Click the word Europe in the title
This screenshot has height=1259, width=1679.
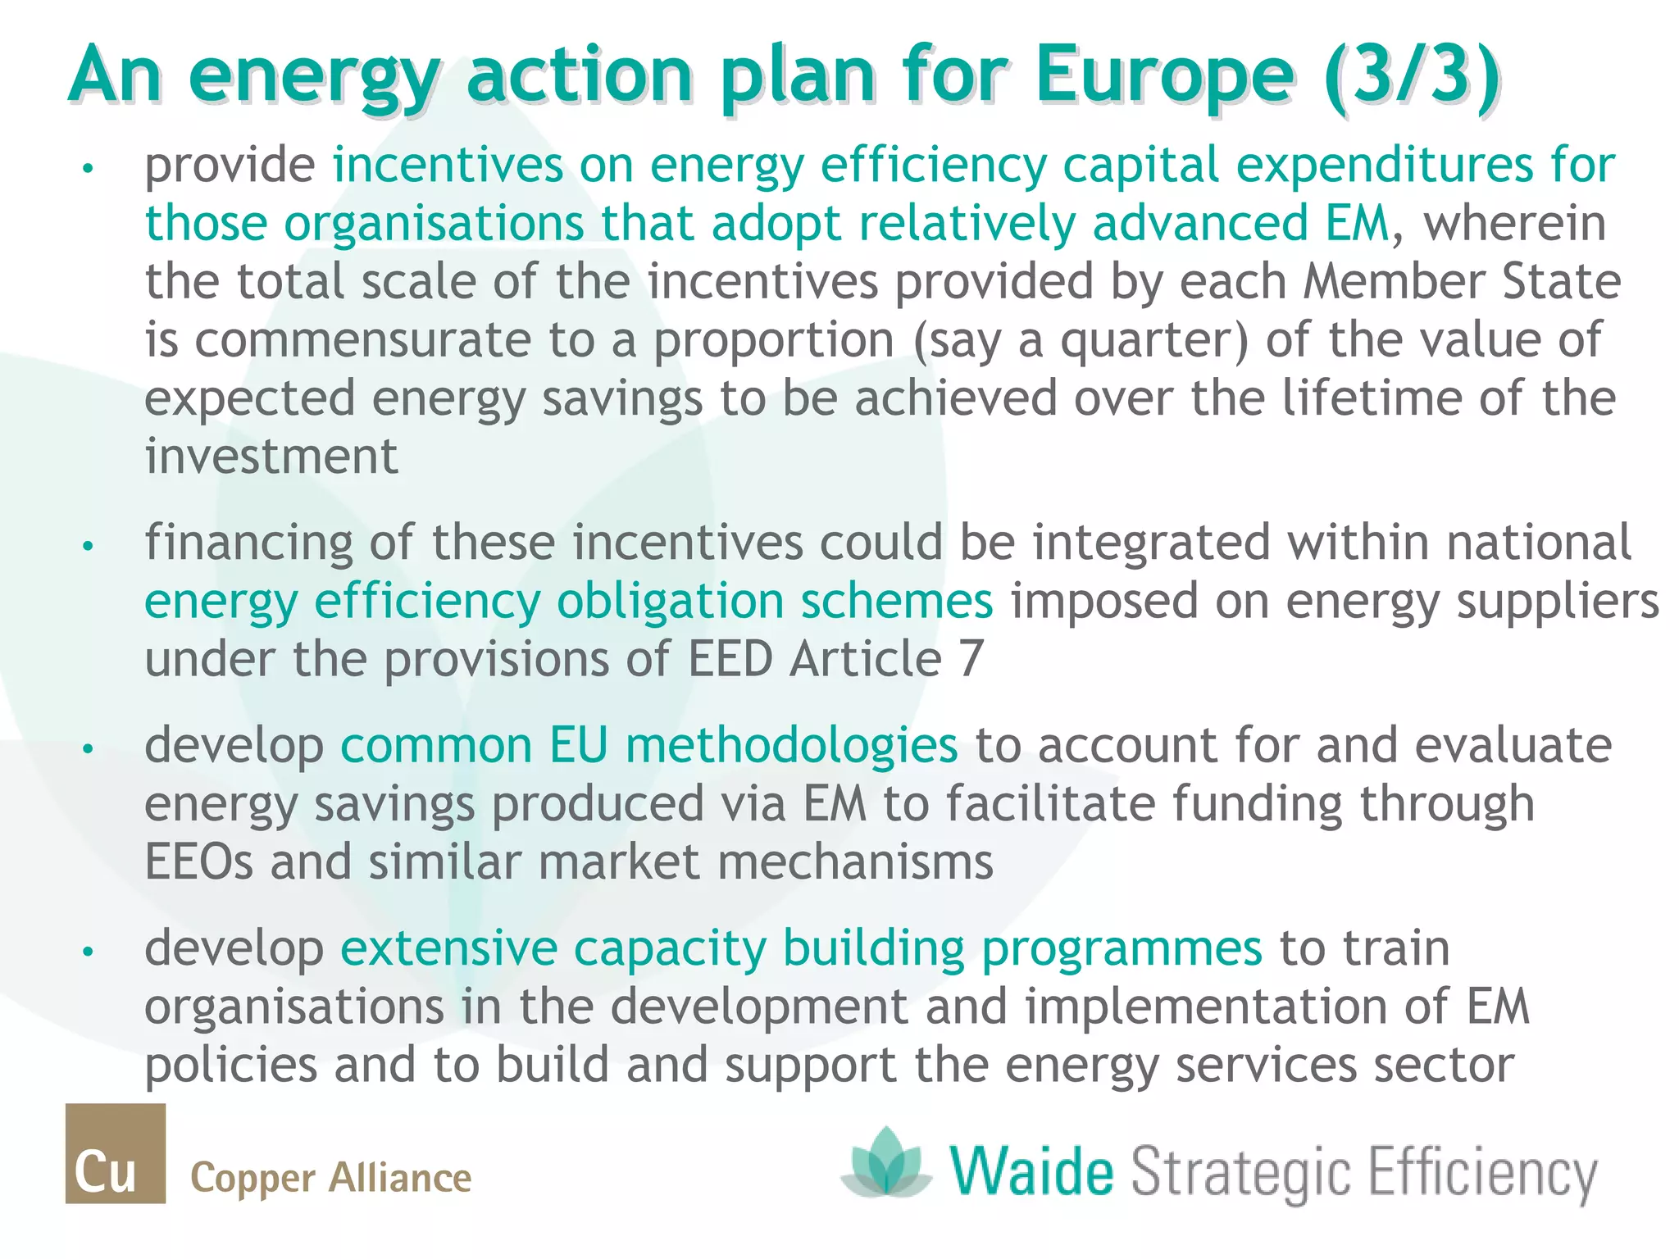pyautogui.click(x=1163, y=75)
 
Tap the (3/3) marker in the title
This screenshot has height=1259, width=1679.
pyautogui.click(x=1412, y=75)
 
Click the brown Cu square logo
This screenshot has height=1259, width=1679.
pyautogui.click(x=116, y=1152)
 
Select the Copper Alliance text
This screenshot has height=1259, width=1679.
pyautogui.click(x=330, y=1178)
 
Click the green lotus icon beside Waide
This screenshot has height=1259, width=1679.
pyautogui.click(x=886, y=1161)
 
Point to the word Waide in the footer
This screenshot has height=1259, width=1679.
pyautogui.click(x=1032, y=1171)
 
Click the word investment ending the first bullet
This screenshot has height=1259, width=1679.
pyautogui.click(x=271, y=457)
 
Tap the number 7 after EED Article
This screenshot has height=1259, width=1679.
pyautogui.click(x=971, y=659)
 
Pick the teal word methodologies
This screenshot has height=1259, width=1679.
pyautogui.click(x=791, y=746)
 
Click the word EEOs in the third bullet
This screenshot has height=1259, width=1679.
pyautogui.click(x=199, y=862)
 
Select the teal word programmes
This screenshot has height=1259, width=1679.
pyautogui.click(x=1122, y=949)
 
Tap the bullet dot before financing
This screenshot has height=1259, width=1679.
pyautogui.click(x=89, y=545)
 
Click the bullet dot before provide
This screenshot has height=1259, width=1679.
pyautogui.click(x=89, y=168)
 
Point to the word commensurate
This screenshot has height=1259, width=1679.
pyautogui.click(x=363, y=341)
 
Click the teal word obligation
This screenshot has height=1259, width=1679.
pyautogui.click(x=670, y=602)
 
